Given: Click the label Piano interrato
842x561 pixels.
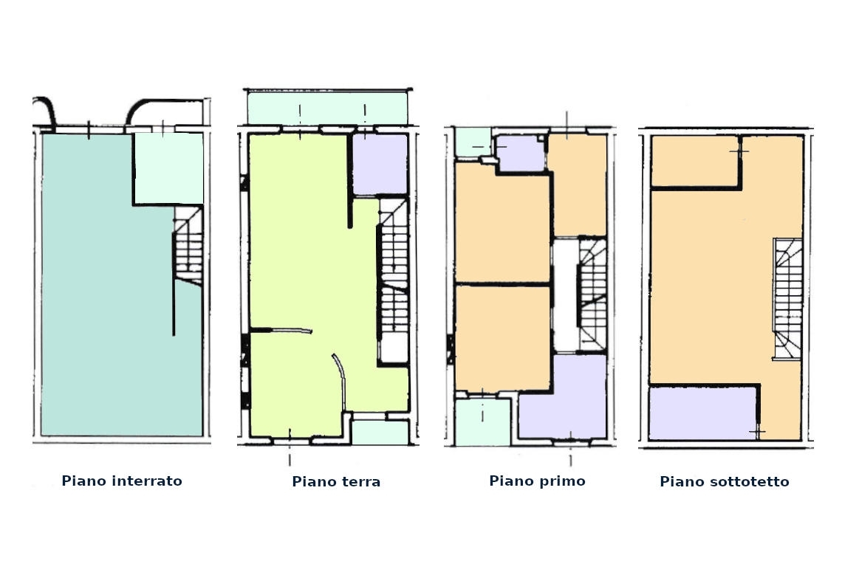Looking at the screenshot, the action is [122, 481].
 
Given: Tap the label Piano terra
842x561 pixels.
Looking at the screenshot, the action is [336, 481].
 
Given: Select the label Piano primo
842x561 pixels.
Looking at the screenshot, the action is [537, 481].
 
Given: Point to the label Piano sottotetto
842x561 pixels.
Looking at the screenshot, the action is [725, 481].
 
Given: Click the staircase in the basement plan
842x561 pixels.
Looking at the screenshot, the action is [188, 245].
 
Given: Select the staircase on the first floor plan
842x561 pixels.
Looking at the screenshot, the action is [592, 295].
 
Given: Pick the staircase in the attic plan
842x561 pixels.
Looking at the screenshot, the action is [787, 298].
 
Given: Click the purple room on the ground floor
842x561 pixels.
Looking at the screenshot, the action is [380, 164].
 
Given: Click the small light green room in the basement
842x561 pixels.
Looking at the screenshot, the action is [168, 168].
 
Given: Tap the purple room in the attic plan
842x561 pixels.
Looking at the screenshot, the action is [702, 413].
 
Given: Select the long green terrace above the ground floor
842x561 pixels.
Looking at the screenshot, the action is [327, 108].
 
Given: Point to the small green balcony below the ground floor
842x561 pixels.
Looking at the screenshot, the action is [380, 433].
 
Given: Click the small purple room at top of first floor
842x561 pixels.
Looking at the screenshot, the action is [520, 154].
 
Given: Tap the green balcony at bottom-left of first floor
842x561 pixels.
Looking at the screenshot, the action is [482, 422].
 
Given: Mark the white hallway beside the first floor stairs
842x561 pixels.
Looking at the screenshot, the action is [565, 295].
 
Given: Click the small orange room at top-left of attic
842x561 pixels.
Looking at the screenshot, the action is [694, 161].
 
